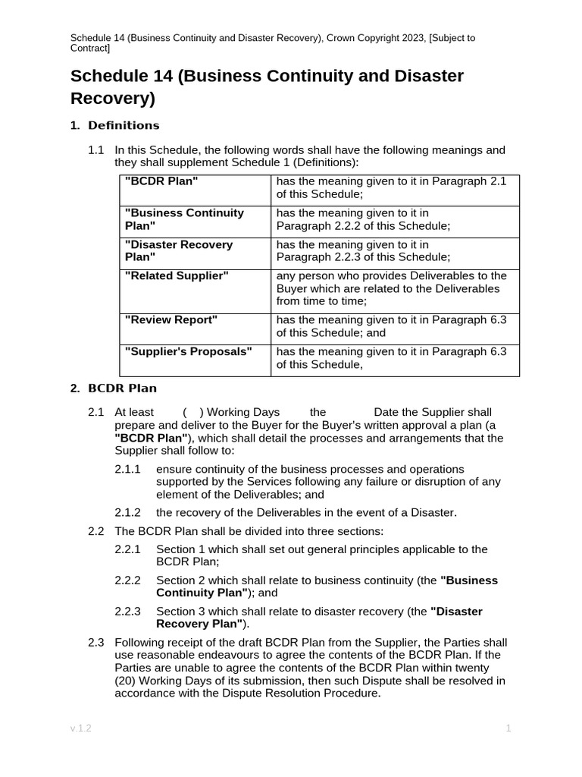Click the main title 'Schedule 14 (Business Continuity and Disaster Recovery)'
coord(267,87)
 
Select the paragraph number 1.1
coord(95,150)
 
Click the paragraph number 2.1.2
coord(127,513)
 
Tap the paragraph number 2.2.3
coord(127,612)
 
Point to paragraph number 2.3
coord(95,643)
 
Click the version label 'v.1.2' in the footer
coord(80,728)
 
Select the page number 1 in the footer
coord(508,728)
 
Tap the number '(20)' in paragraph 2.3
coord(126,681)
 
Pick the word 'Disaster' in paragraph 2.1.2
coord(432,513)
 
